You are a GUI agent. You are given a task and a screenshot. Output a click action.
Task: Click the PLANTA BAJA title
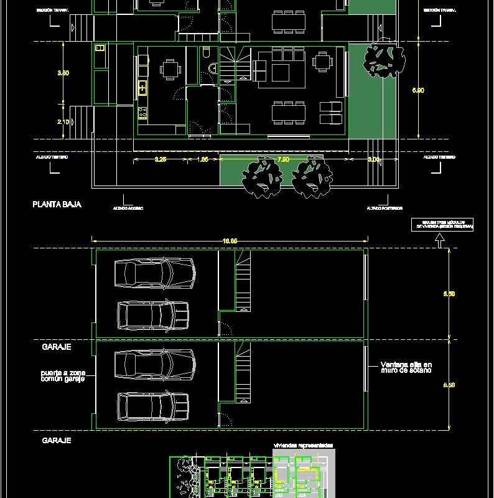click(x=57, y=204)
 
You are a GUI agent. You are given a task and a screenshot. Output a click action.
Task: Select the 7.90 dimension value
click(x=282, y=160)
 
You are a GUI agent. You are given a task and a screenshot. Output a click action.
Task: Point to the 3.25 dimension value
click(x=160, y=160)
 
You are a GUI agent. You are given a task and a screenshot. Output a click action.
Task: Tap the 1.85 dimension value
click(x=203, y=160)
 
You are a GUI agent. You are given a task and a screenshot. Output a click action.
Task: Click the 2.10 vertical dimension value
click(x=63, y=122)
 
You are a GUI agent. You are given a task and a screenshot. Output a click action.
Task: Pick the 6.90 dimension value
click(x=418, y=90)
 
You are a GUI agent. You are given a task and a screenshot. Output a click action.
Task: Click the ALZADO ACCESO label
click(x=128, y=208)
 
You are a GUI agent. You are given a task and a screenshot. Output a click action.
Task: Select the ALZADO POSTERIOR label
click(x=384, y=208)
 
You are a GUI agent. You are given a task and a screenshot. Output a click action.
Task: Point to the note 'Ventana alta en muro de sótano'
click(x=406, y=367)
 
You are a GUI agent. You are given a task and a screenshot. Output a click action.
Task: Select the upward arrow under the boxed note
click(x=440, y=241)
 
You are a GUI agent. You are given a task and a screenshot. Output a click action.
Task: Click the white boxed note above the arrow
click(x=442, y=224)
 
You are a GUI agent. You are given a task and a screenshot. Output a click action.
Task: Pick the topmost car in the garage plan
click(x=155, y=272)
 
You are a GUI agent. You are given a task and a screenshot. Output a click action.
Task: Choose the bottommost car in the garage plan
click(x=152, y=406)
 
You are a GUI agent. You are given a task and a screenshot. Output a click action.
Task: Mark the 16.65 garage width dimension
click(x=230, y=240)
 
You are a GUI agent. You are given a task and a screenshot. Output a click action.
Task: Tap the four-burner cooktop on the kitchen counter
click(x=142, y=113)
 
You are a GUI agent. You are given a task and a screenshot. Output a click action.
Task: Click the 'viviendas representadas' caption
click(x=303, y=446)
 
